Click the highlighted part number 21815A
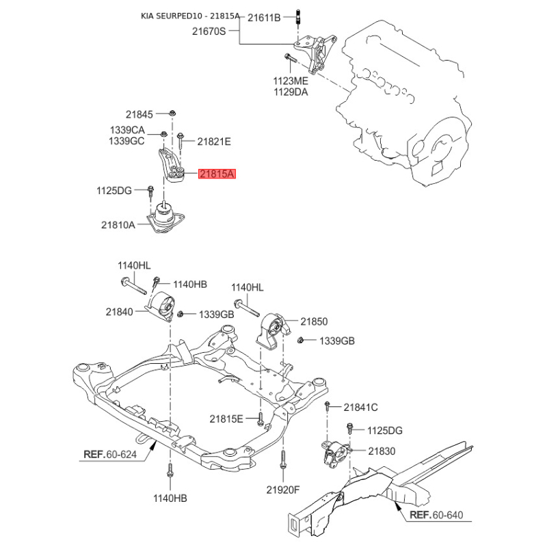[x=217, y=174]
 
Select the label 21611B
[x=264, y=18]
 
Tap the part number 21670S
[x=209, y=31]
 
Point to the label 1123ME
[x=291, y=81]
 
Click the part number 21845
[x=139, y=114]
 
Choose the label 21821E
[x=214, y=142]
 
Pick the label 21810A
[x=118, y=225]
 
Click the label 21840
[x=119, y=312]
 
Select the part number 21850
[x=314, y=321]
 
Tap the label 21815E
[x=226, y=418]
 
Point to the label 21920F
[x=283, y=490]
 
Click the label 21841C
[x=361, y=408]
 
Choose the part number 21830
[x=382, y=451]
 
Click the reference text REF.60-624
[x=110, y=455]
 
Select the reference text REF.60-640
[x=436, y=515]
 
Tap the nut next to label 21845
[x=172, y=113]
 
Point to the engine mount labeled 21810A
[x=165, y=217]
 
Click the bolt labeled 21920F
[x=283, y=459]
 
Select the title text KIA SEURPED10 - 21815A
[x=190, y=16]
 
